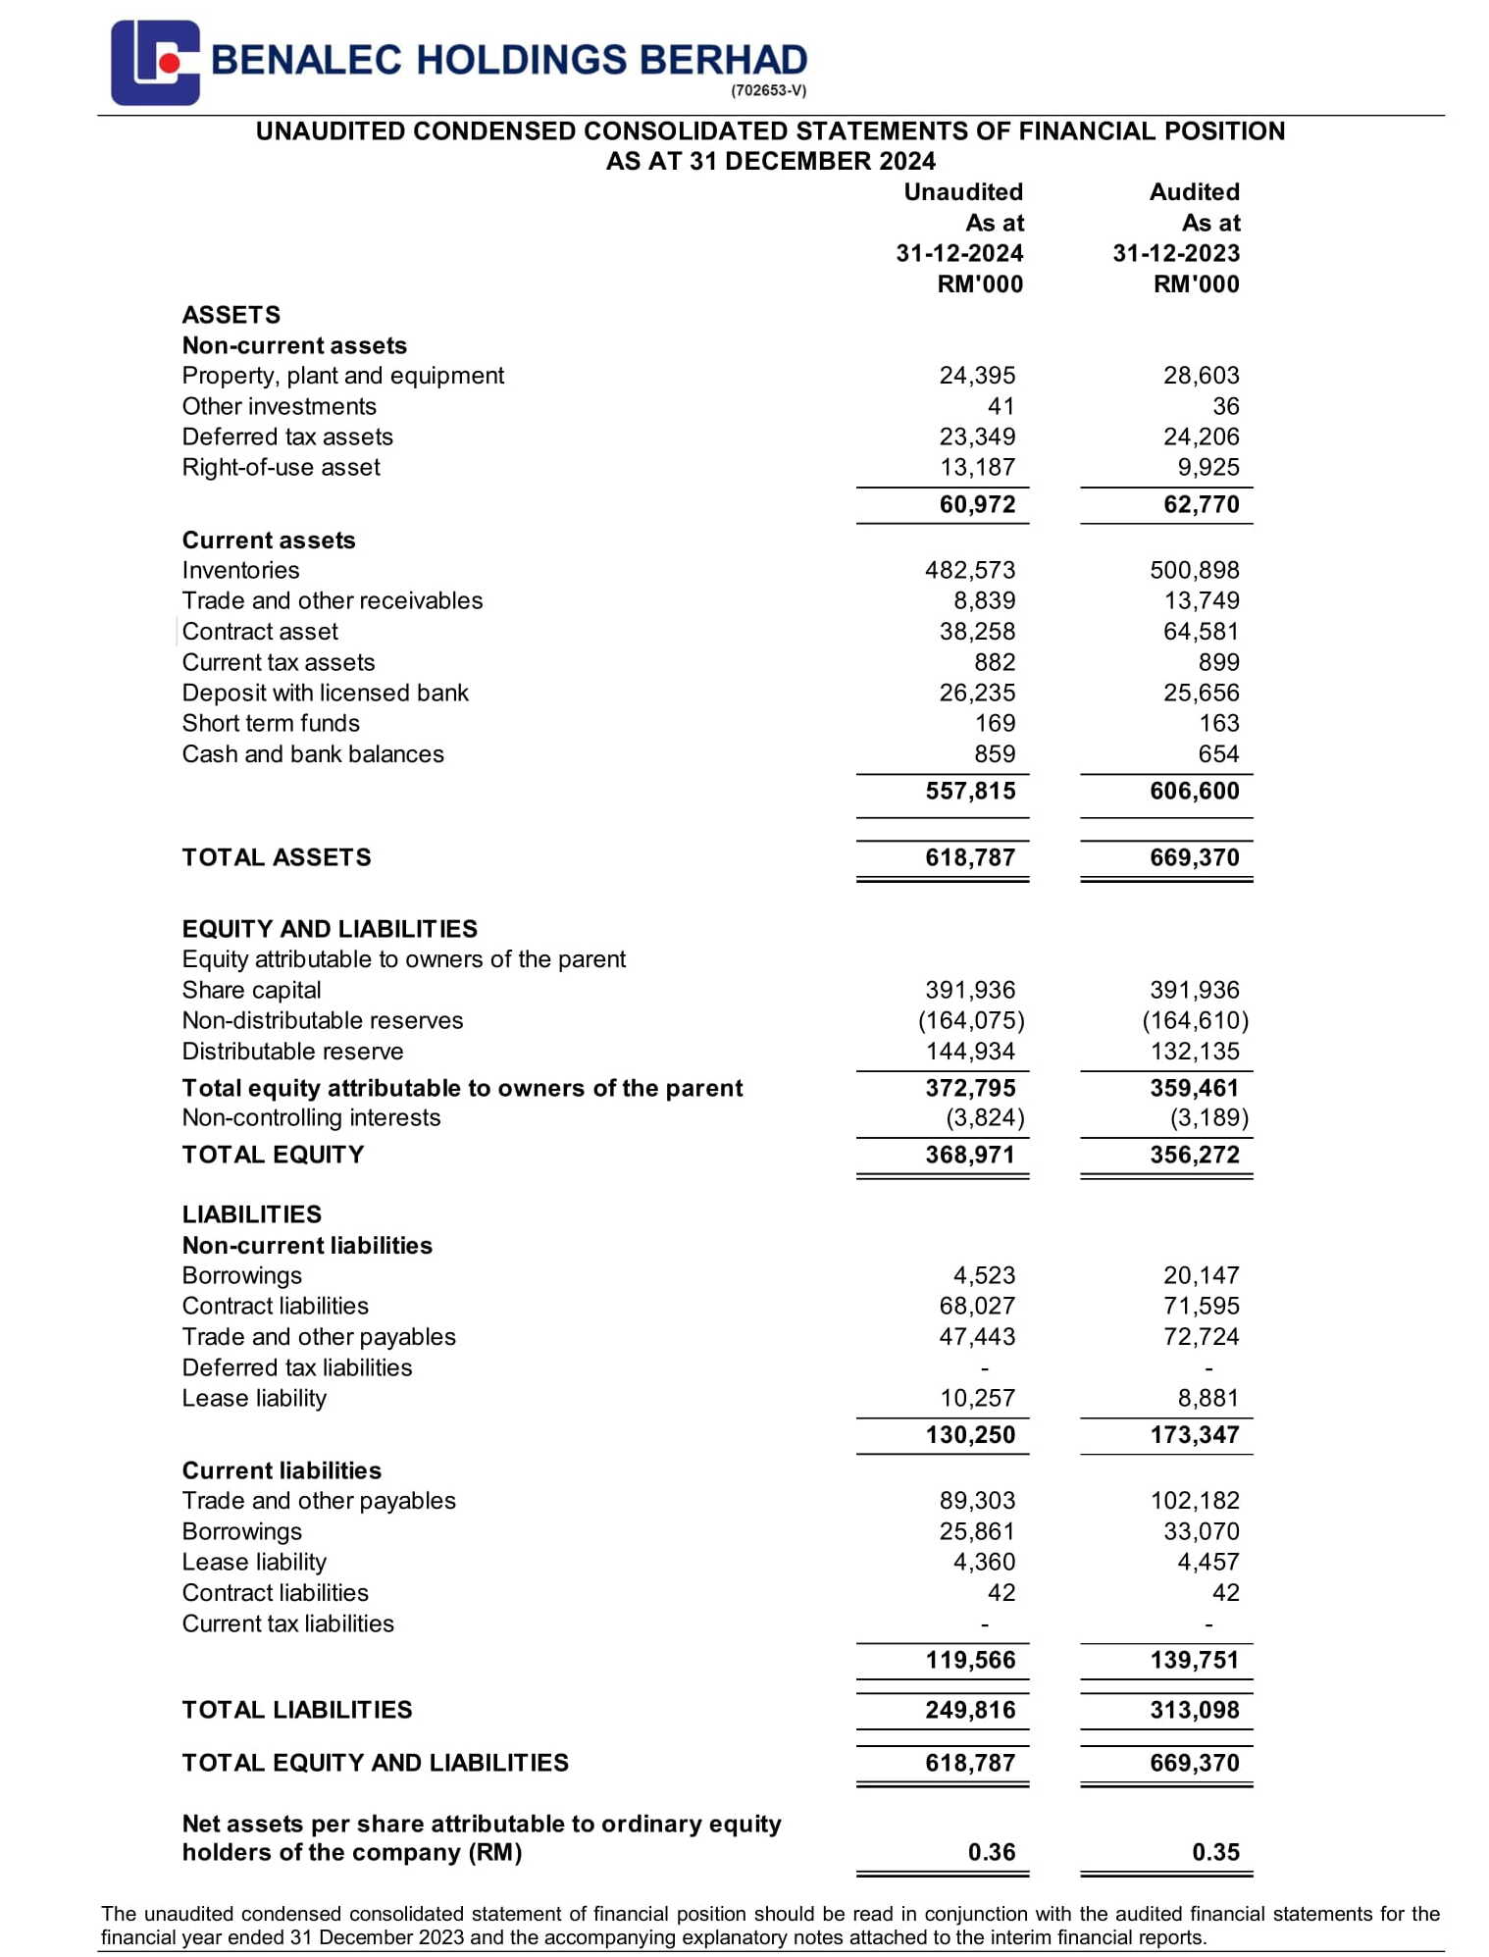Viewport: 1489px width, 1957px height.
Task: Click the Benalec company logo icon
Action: click(x=155, y=63)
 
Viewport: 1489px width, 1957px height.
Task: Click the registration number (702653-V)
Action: click(x=768, y=91)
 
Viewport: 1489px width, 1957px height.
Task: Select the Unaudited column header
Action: click(x=962, y=192)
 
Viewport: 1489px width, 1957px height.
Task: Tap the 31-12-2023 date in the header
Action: click(x=1175, y=253)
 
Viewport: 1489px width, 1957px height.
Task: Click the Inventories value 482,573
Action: click(x=969, y=570)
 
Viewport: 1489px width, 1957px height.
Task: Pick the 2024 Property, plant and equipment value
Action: click(x=977, y=376)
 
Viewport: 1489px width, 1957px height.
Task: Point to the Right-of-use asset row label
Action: click(x=281, y=467)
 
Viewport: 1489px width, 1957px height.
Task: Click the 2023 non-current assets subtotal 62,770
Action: click(x=1201, y=504)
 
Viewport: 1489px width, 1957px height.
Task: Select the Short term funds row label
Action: click(x=271, y=723)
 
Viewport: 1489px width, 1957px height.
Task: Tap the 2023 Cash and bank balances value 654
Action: click(x=1218, y=753)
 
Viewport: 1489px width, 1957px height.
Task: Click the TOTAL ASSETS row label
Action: click(x=277, y=857)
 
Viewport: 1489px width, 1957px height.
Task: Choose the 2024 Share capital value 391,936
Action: click(x=969, y=990)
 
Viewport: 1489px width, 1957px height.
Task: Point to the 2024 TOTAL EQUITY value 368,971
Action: click(x=969, y=1155)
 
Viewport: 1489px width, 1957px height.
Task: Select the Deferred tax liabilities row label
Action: click(x=297, y=1367)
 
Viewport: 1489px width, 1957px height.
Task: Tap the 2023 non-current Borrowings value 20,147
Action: click(x=1201, y=1275)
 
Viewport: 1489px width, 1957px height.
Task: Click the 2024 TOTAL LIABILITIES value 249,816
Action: click(x=969, y=1710)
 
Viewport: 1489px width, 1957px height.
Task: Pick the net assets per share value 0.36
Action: click(x=991, y=1852)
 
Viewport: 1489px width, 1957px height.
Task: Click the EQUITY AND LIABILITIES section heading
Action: click(x=330, y=929)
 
